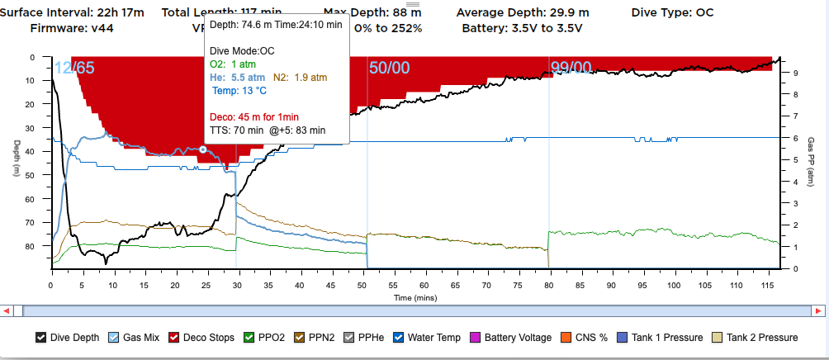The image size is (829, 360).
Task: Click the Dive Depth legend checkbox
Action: (x=41, y=337)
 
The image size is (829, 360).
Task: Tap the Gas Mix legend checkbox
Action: (x=114, y=337)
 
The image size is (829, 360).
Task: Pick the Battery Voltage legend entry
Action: (x=519, y=337)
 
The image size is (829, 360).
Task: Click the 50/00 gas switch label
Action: (x=389, y=69)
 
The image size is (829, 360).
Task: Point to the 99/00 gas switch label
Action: (x=571, y=69)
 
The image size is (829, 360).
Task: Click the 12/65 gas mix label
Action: (x=74, y=69)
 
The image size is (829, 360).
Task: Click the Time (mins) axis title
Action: (x=414, y=296)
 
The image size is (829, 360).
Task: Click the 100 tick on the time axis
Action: (x=675, y=285)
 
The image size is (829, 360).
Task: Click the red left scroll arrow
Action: (x=7, y=310)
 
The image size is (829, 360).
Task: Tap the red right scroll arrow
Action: (x=821, y=310)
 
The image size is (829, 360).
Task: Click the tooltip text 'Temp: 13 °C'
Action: (x=238, y=90)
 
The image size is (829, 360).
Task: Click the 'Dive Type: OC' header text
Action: (x=672, y=12)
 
